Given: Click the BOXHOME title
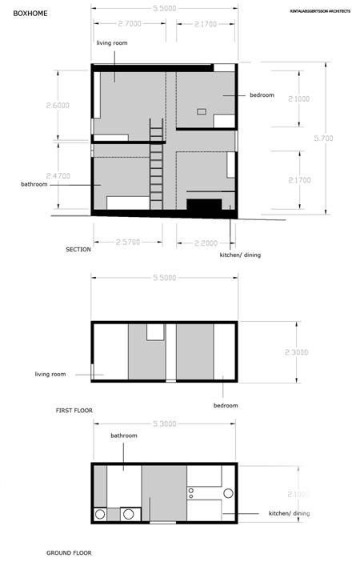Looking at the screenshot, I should [x=28, y=13].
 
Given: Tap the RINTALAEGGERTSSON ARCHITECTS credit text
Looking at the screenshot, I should [x=320, y=11].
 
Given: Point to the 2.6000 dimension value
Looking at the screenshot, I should [x=58, y=106].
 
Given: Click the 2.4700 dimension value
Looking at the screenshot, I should [x=58, y=175].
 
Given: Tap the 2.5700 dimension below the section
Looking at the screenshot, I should [x=129, y=241].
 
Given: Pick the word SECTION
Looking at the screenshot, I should [x=78, y=250].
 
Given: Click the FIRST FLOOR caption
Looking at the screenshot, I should [x=74, y=411].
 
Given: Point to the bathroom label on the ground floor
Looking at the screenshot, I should [x=124, y=436].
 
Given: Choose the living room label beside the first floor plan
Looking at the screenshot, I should [x=50, y=374].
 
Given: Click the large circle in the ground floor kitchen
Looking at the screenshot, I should [x=227, y=494].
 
